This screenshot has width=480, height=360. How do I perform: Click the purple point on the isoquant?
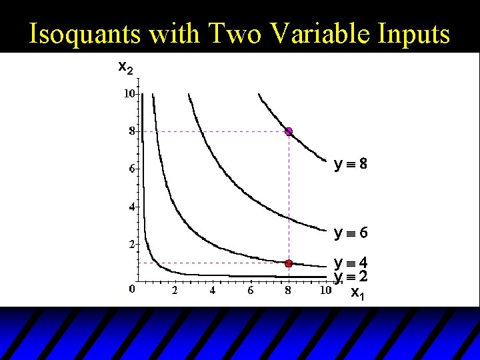tap(289, 131)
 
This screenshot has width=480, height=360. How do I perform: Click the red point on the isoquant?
tap(289, 263)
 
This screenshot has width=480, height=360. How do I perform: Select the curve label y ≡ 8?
tap(351, 163)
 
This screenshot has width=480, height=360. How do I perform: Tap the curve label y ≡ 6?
tap(351, 233)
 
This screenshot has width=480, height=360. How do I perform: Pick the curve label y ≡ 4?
tap(351, 263)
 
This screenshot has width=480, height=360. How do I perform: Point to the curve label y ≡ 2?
tap(351, 277)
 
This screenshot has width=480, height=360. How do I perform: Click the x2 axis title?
tap(125, 67)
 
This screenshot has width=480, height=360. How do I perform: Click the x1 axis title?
tap(357, 293)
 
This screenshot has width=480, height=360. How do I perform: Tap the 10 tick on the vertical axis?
tap(129, 94)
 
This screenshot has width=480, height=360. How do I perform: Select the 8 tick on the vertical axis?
tap(131, 131)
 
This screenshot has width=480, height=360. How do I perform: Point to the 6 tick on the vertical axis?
tap(131, 169)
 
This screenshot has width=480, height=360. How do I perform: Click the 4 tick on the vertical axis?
tap(131, 207)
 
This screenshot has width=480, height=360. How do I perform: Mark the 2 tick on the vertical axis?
tap(131, 244)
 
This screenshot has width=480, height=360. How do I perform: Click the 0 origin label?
tap(131, 289)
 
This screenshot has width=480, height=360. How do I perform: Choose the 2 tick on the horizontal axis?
tap(175, 291)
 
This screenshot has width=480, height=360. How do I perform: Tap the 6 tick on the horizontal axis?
tap(251, 291)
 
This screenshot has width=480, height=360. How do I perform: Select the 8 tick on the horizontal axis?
tap(289, 291)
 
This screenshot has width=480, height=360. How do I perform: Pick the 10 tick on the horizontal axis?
tap(325, 291)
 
